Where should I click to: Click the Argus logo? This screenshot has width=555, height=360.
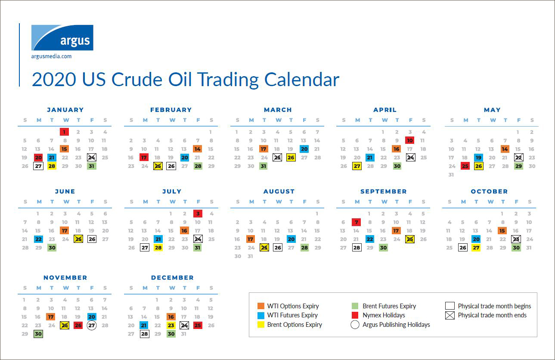(62, 37)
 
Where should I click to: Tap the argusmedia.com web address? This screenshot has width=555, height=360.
(51, 56)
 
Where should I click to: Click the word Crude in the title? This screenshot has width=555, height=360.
(137, 80)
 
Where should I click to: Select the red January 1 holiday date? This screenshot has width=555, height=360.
(65, 132)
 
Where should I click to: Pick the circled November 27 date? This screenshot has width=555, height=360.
(92, 325)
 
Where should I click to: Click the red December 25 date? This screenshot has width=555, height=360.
(198, 325)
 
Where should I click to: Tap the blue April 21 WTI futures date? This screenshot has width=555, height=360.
(370, 158)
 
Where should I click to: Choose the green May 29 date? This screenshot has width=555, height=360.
(518, 166)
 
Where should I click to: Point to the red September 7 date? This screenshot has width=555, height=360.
(356, 222)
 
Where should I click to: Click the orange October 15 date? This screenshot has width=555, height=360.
(502, 231)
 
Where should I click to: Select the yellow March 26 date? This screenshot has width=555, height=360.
(291, 158)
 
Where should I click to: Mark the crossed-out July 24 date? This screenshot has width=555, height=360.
(198, 239)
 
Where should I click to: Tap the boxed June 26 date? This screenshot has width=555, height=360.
(92, 239)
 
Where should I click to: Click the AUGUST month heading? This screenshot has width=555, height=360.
(279, 192)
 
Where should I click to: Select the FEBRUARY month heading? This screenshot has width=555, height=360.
(171, 110)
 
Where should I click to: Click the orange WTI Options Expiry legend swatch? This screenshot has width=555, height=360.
(261, 306)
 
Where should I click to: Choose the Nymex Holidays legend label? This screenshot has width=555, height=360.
(384, 315)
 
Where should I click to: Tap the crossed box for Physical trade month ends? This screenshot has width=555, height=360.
(450, 315)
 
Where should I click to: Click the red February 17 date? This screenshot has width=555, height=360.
(144, 158)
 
